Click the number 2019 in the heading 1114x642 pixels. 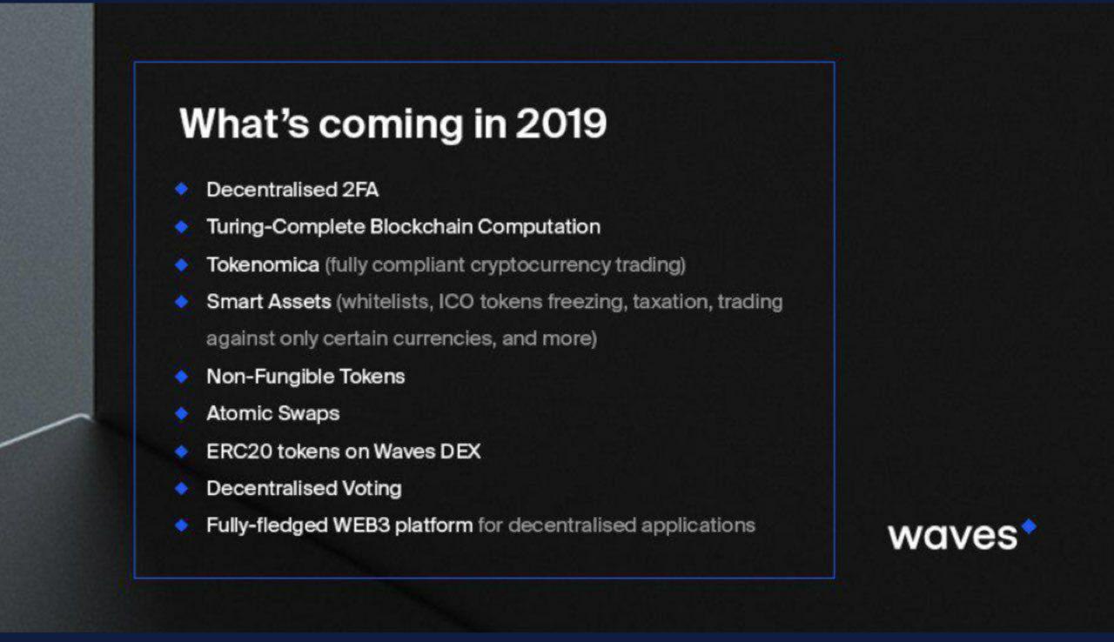(561, 124)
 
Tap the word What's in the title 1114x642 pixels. (245, 123)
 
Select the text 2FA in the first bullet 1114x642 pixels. (360, 190)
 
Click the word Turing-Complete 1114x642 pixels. (286, 227)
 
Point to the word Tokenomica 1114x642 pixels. (263, 264)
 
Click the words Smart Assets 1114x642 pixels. (269, 302)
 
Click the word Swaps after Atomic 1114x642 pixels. (308, 414)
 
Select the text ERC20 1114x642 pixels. (239, 451)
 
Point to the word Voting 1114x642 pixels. (372, 488)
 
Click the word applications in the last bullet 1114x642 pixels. (698, 525)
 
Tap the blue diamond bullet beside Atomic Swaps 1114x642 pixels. (182, 413)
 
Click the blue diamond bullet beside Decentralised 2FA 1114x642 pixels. (182, 189)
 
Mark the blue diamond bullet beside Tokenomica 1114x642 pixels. (182, 264)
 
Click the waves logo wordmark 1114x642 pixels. (953, 536)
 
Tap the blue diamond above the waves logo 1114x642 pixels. (1029, 526)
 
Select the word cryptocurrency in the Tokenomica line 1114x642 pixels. (540, 265)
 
